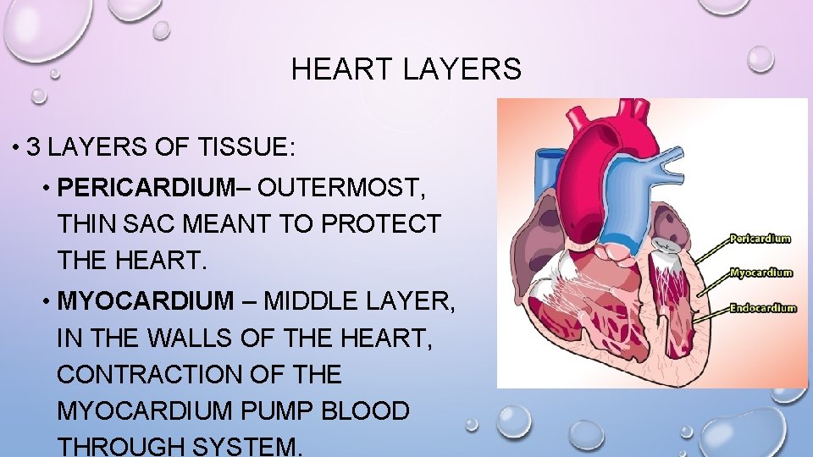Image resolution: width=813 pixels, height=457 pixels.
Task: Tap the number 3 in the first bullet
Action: pyautogui.click(x=34, y=147)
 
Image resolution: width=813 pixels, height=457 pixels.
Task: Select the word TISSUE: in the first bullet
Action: pyautogui.click(x=250, y=147)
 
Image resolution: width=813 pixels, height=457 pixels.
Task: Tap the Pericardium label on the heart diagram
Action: pyautogui.click(x=760, y=239)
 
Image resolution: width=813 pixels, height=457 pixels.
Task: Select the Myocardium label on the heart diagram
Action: pyautogui.click(x=761, y=273)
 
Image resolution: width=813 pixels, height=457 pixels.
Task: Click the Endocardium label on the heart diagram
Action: pyautogui.click(x=763, y=308)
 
